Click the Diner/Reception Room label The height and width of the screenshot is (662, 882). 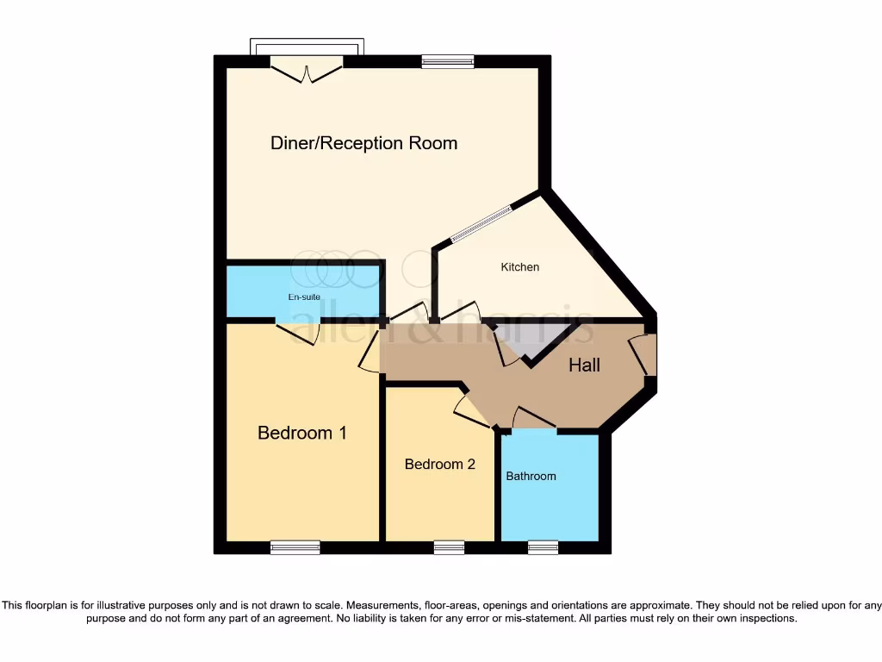[363, 143]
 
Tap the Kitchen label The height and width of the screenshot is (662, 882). [520, 267]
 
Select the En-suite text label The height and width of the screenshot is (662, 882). [304, 297]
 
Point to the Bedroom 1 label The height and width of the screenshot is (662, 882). [302, 433]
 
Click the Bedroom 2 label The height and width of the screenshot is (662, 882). [440, 465]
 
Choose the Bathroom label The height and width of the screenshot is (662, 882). [531, 476]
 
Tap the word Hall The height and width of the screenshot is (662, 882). [584, 365]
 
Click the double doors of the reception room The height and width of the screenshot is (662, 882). [306, 69]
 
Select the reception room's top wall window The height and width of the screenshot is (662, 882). [448, 61]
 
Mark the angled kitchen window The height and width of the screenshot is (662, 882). [481, 222]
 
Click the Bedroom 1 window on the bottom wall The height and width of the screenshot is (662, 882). [295, 547]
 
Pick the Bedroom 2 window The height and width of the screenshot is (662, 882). [449, 547]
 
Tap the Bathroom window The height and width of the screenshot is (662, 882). [543, 547]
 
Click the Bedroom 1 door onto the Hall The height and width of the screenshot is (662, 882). [370, 353]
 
